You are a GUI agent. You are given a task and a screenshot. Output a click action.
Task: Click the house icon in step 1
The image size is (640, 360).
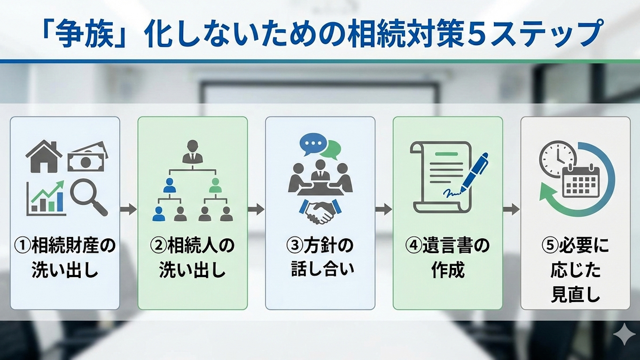[44, 156]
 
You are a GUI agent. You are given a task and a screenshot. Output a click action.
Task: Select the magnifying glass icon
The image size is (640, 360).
[89, 197]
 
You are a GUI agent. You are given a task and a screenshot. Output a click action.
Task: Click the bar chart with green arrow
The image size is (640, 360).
[46, 198]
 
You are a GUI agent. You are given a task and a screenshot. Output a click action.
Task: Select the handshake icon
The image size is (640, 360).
[320, 212]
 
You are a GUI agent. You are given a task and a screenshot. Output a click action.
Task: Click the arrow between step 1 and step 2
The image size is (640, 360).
[128, 209]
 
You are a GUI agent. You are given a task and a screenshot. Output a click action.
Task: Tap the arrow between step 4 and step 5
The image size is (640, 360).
[511, 209]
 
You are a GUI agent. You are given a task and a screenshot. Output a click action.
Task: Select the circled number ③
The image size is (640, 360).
[294, 246]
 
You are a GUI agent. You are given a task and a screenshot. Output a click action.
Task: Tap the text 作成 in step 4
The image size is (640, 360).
[448, 270]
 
